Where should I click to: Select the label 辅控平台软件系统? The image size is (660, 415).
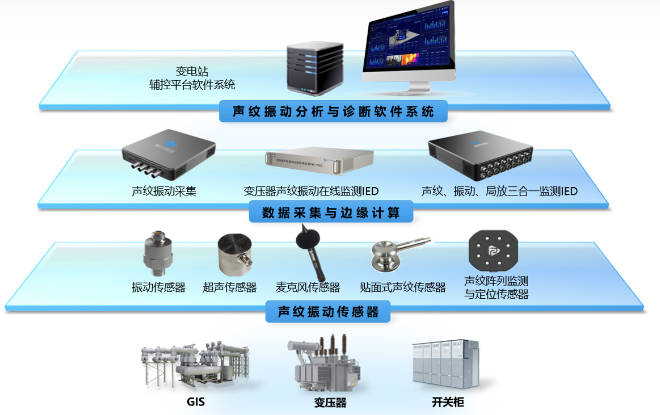point(192,85)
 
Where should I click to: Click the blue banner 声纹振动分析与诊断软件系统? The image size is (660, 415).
point(333,111)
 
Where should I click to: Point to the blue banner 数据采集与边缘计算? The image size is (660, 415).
point(331,213)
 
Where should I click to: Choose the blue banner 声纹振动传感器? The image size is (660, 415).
point(328,312)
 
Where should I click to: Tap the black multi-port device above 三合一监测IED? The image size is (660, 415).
point(480,156)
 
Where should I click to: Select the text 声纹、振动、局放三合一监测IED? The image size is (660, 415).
point(499,191)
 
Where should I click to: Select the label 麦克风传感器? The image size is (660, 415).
point(308,288)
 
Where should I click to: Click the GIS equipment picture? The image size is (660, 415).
point(194,363)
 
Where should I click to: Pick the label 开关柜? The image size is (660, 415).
point(448,402)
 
